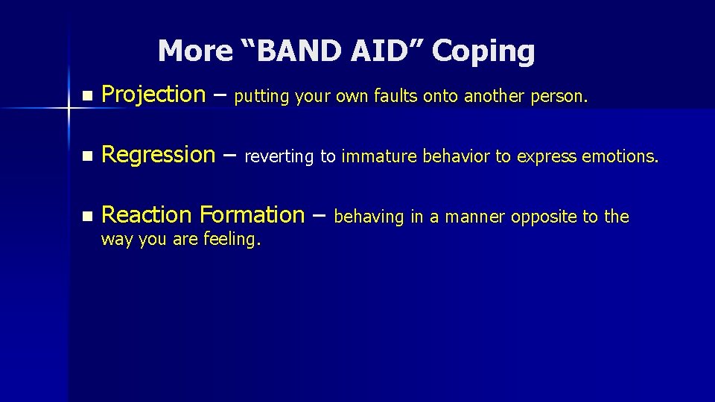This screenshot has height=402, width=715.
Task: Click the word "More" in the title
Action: (185, 51)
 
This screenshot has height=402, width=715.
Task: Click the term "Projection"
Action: (153, 95)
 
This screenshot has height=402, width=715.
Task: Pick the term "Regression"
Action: (158, 155)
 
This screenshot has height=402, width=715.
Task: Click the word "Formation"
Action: (251, 215)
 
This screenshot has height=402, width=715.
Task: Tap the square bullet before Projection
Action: (87, 96)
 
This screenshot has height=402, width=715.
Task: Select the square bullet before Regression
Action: (87, 156)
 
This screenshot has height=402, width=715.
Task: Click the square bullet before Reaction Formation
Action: (87, 217)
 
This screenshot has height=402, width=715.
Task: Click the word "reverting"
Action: (280, 157)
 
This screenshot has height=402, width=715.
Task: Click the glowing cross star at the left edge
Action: (68, 109)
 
